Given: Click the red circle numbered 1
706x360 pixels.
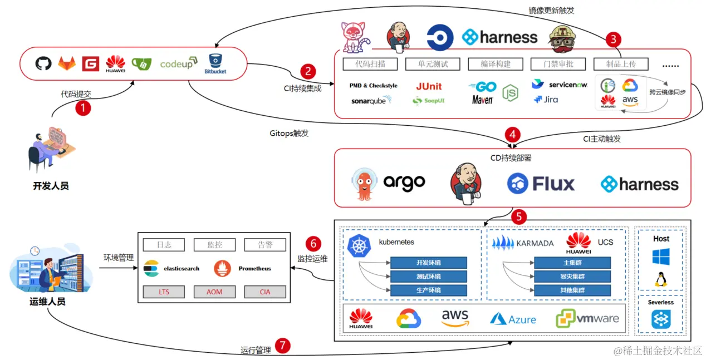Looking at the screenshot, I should point(82,107).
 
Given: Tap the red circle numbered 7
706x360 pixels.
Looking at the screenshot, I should point(283,346).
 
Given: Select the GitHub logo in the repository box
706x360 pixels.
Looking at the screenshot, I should point(43,63).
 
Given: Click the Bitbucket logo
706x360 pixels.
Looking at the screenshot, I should point(215,63).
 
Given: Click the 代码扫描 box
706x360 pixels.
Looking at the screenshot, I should point(370,64).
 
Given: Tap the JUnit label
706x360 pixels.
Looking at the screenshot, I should point(429,86).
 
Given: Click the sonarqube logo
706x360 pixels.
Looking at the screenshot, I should point(371,101).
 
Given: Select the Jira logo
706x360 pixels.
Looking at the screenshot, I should point(546,100).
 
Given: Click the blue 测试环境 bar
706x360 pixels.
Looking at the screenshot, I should point(428,277).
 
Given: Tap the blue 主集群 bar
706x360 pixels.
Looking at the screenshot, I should point(572,263).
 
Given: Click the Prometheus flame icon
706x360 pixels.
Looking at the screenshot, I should point(222,269).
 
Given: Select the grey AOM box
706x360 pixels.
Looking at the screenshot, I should point(214,292).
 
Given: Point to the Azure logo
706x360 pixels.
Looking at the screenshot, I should point(513,319).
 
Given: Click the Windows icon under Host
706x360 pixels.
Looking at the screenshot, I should point(661,257).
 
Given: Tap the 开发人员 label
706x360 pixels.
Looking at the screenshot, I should point(51,186).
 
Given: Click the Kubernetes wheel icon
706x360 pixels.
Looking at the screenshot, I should point(359,246).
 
